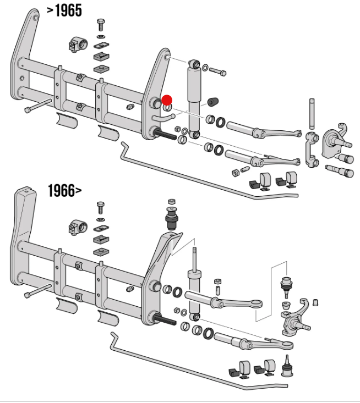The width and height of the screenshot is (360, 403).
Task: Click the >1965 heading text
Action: click(x=64, y=10)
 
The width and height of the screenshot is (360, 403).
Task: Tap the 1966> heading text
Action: click(x=64, y=191)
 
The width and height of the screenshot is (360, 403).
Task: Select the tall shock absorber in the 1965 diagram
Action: click(x=194, y=98)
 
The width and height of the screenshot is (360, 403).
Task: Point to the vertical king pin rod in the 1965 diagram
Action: click(x=312, y=115)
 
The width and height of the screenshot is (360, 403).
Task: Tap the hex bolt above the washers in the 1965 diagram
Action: click(x=101, y=25)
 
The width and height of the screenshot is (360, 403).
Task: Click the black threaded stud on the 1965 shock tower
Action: click(x=168, y=134)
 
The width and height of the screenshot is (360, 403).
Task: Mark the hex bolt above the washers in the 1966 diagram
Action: click(x=101, y=208)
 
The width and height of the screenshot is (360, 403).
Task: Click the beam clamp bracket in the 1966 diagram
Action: click(x=75, y=227)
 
